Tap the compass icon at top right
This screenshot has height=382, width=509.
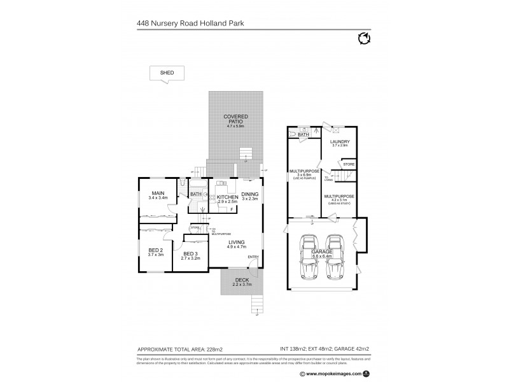[x=363, y=39]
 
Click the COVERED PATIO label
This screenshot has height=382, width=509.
[x=235, y=120]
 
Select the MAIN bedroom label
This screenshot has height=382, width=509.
[x=158, y=195]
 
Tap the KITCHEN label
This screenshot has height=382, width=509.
[x=227, y=198]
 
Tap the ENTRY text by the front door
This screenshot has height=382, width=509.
[x=253, y=257]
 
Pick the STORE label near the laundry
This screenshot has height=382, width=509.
[x=349, y=165]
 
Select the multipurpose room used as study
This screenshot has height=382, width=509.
[x=338, y=199]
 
